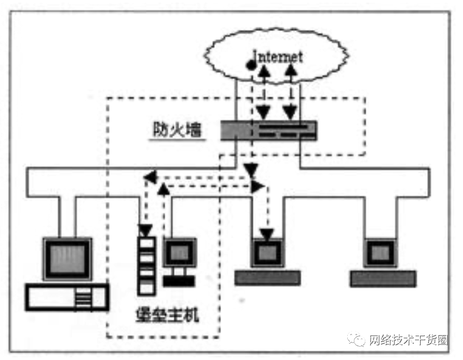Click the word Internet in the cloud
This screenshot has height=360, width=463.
click(277, 55)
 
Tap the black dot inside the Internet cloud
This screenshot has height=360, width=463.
click(251, 66)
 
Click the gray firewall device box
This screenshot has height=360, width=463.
click(268, 130)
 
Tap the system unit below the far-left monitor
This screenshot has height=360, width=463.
click(68, 298)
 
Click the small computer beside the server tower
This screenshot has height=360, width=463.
click(179, 253)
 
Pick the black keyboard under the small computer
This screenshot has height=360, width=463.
click(179, 281)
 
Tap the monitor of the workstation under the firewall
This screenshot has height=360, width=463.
click(267, 252)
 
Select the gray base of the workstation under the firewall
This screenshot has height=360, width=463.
click(267, 278)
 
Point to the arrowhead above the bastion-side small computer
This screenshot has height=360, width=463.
click(164, 190)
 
